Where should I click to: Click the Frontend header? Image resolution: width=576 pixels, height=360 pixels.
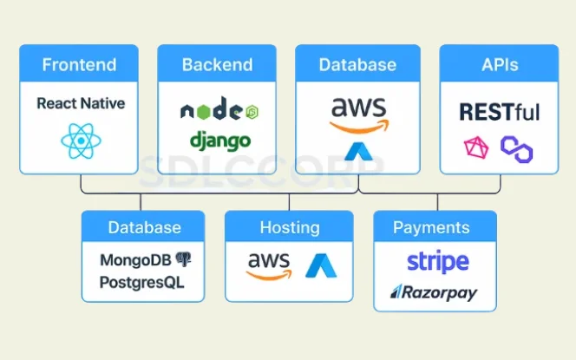pyautogui.click(x=79, y=65)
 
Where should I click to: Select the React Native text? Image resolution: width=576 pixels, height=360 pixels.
pyautogui.click(x=81, y=104)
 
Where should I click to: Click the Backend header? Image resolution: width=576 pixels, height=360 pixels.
pyautogui.click(x=217, y=65)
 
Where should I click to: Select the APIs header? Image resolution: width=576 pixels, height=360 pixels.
pyautogui.click(x=499, y=65)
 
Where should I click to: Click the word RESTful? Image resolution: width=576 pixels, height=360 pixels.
pyautogui.click(x=498, y=111)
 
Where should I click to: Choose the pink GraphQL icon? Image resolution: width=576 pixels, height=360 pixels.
pyautogui.click(x=476, y=148)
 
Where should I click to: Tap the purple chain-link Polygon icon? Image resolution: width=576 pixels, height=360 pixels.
pyautogui.click(x=517, y=150)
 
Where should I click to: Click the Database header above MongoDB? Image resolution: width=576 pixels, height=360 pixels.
pyautogui.click(x=145, y=228)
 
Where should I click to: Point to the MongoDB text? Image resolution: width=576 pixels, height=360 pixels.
pyautogui.click(x=135, y=259)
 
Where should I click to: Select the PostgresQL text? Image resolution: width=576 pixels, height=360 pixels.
pyautogui.click(x=141, y=282)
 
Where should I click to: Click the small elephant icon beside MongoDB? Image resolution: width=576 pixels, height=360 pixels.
pyautogui.click(x=183, y=259)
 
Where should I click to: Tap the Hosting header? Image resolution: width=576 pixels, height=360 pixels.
pyautogui.click(x=290, y=228)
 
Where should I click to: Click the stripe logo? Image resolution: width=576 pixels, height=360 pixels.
pyautogui.click(x=437, y=261)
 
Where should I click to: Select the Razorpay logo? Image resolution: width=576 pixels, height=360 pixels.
pyautogui.click(x=434, y=293)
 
